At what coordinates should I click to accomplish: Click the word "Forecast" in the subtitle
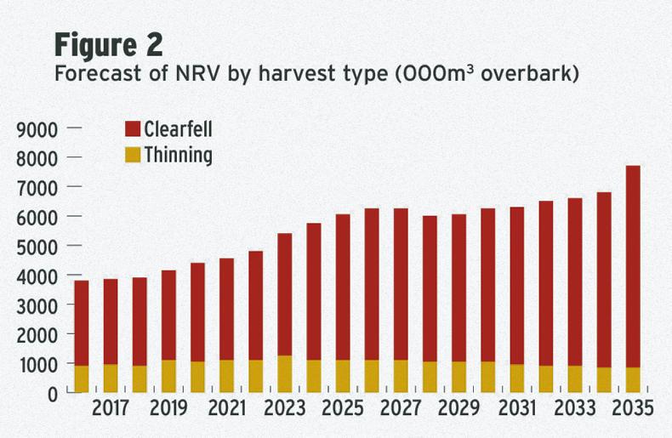point(91,73)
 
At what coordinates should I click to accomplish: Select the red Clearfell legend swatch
point(132,129)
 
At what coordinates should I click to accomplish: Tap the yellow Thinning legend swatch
point(132,156)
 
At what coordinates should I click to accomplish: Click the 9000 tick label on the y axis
point(36,129)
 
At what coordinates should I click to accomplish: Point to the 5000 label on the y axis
point(36,247)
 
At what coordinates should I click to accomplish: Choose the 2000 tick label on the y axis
point(36,334)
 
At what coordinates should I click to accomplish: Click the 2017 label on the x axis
point(111,409)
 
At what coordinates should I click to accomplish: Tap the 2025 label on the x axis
point(342,409)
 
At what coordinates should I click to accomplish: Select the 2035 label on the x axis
point(632,409)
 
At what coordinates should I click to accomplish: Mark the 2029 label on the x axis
point(458,409)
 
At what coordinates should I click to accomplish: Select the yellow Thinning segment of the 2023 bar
point(284,374)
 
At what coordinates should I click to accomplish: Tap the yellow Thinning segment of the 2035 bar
point(632,379)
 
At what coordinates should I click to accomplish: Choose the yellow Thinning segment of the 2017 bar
point(111,378)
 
